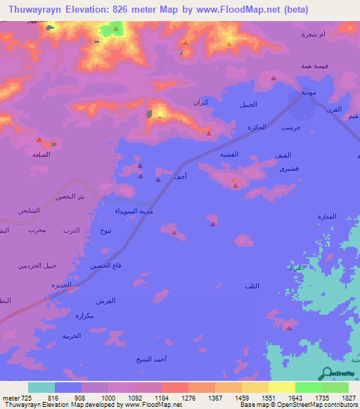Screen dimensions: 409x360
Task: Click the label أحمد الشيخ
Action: pos(151,358)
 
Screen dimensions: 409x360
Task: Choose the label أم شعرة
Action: pos(312,34)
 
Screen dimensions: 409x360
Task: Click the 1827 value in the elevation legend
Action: pos(348,397)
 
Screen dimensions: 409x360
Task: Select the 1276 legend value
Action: pos(188,397)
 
